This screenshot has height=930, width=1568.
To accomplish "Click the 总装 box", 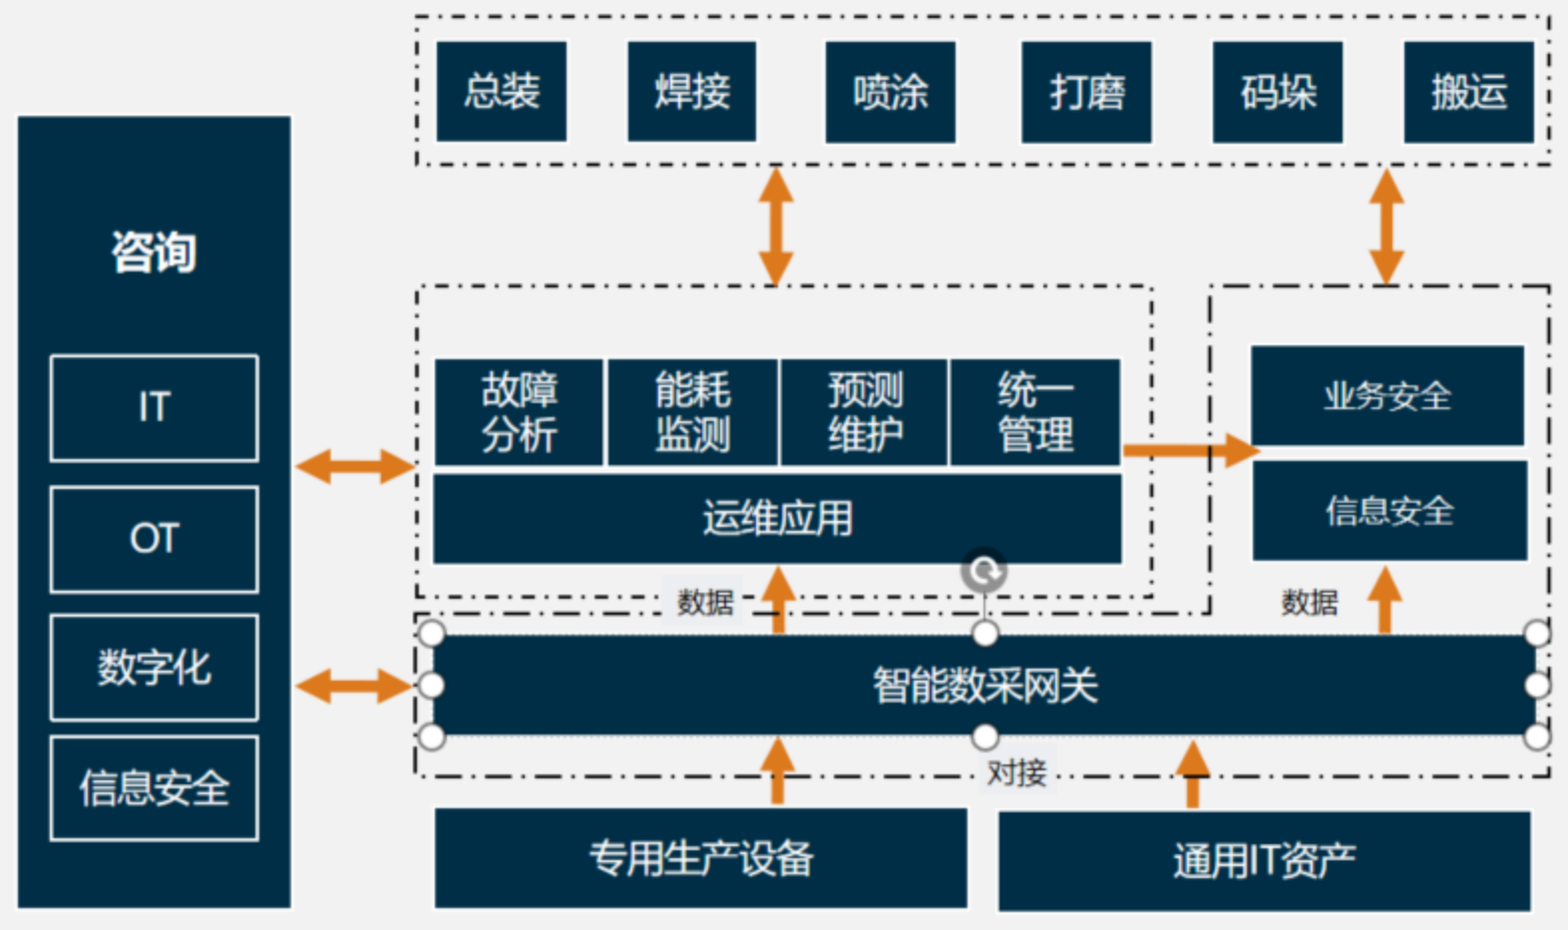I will click(502, 92).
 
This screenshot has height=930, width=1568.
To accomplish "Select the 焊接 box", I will click(691, 92).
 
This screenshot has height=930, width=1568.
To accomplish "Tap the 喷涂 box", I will click(890, 92).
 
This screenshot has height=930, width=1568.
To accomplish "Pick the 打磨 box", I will click(1086, 92).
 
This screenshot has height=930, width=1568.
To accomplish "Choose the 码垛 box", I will click(1278, 92).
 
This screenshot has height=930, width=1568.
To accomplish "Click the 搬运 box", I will click(1468, 92).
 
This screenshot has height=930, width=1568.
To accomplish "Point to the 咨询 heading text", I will click(154, 251).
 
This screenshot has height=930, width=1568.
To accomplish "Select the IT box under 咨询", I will click(155, 407).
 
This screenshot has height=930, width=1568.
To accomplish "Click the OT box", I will click(155, 539).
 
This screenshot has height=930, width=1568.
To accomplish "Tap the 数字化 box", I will click(155, 668).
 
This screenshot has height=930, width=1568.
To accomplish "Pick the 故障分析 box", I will click(519, 412).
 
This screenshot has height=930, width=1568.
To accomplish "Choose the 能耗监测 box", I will click(692, 412).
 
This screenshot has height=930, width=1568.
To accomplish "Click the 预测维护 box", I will click(865, 412).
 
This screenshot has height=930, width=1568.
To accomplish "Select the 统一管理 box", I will click(1035, 412).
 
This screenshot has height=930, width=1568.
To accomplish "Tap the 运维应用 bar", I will click(777, 519).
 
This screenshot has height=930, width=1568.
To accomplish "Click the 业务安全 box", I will click(1387, 396).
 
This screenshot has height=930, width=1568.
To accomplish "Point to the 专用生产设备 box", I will click(700, 858).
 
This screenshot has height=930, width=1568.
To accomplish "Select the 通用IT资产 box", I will click(1264, 860).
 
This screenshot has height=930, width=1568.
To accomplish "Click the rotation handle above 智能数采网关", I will click(984, 572).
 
